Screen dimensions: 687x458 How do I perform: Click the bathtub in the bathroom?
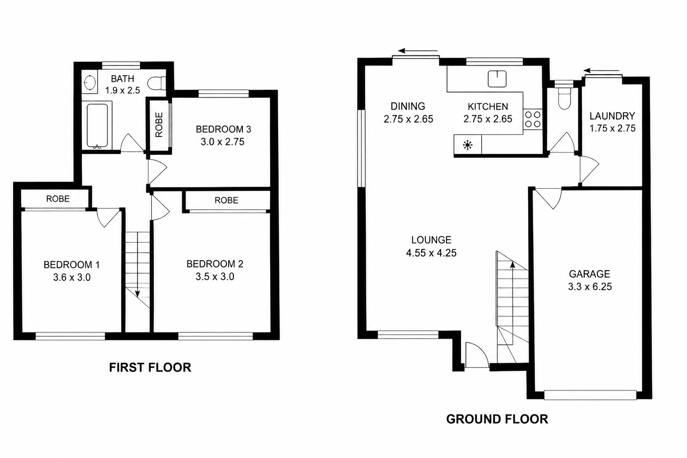(97, 126)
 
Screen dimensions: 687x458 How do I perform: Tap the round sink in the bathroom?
(89, 82)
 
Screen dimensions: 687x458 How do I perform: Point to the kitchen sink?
(497, 79)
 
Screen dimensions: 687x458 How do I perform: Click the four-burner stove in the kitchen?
(533, 119)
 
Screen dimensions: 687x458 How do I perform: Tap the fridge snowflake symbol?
(467, 145)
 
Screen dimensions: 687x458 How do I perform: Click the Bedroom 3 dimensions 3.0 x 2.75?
(222, 142)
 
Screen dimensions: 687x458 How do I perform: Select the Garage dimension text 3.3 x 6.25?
(589, 287)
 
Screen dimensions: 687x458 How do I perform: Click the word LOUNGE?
(431, 240)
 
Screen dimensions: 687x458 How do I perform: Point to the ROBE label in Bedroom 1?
(58, 199)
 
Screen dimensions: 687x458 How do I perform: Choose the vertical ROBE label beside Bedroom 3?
(159, 124)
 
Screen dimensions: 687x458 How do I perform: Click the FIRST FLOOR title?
(150, 368)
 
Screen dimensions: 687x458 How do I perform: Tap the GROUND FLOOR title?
(497, 419)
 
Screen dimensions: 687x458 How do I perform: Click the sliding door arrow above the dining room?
(418, 51)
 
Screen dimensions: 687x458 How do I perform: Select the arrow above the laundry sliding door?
(602, 71)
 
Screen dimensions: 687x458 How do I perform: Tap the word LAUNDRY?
(612, 116)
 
